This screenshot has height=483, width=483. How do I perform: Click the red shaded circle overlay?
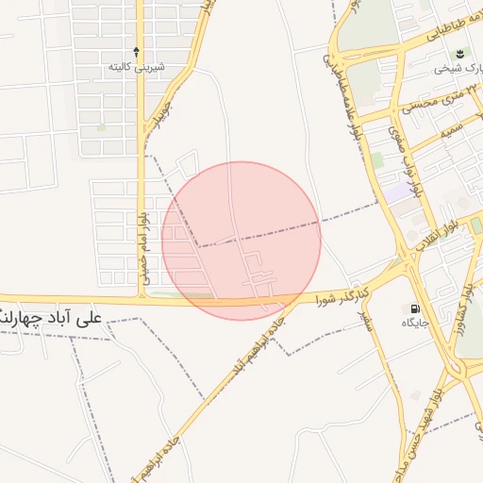[x=241, y=240]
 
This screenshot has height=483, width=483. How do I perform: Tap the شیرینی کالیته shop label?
[x=137, y=67]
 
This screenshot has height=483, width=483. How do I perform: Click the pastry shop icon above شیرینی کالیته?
[x=137, y=52]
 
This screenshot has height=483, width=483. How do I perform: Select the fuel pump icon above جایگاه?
[x=413, y=308]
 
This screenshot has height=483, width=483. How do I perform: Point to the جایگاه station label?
[x=414, y=324]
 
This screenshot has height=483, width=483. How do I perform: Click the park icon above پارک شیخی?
[x=458, y=54]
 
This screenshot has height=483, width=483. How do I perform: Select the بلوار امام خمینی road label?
[x=145, y=250]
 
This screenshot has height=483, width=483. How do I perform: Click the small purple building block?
[x=401, y=192]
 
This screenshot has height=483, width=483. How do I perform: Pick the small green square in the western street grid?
[x=101, y=125]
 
